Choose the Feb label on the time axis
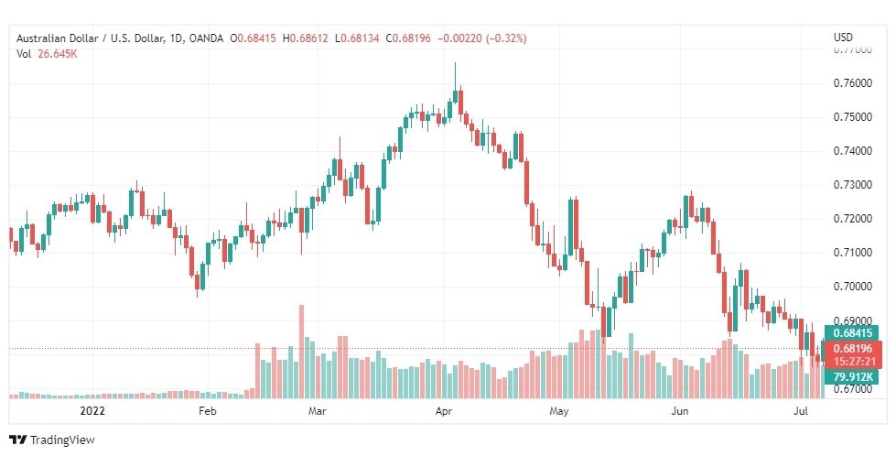tap(207, 412)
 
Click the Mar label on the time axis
tap(317, 412)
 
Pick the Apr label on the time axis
tap(444, 412)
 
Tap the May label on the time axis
tap(559, 412)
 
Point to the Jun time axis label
tap(680, 412)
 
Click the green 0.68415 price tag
tap(851, 333)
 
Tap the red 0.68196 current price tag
tap(851, 349)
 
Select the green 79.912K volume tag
tap(851, 376)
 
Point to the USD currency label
tap(843, 38)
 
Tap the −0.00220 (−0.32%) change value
tap(483, 38)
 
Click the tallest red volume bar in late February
tap(301, 352)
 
